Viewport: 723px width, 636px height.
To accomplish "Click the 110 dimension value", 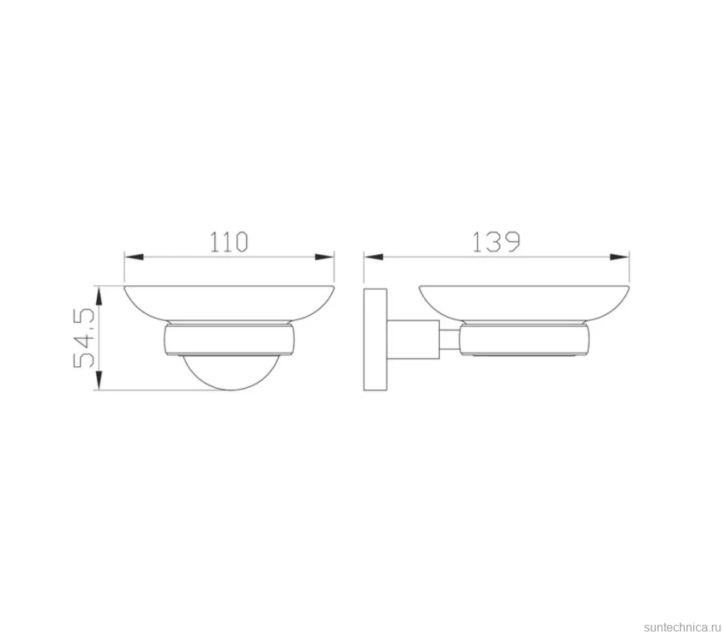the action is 229,242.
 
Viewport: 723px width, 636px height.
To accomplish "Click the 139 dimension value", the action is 496,242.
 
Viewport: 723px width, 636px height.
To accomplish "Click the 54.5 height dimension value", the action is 84,338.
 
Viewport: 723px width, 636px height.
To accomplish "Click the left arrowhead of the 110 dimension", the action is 133,257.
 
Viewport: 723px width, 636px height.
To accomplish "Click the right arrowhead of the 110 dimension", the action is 325,257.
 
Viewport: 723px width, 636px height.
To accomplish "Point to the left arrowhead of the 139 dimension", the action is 373,257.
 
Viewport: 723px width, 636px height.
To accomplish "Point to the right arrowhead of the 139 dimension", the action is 619,257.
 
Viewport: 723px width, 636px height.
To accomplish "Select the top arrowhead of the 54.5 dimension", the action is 98,295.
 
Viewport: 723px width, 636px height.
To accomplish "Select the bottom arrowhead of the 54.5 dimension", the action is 98,381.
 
